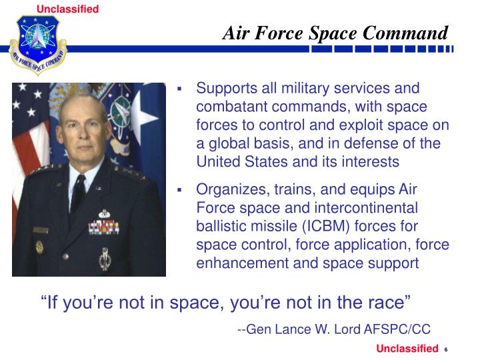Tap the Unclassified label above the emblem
point(77,9)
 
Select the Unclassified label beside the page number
point(407,349)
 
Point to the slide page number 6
point(445,351)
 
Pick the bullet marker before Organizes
point(180,190)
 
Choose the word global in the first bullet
point(227,143)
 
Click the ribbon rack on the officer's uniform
point(105,227)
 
